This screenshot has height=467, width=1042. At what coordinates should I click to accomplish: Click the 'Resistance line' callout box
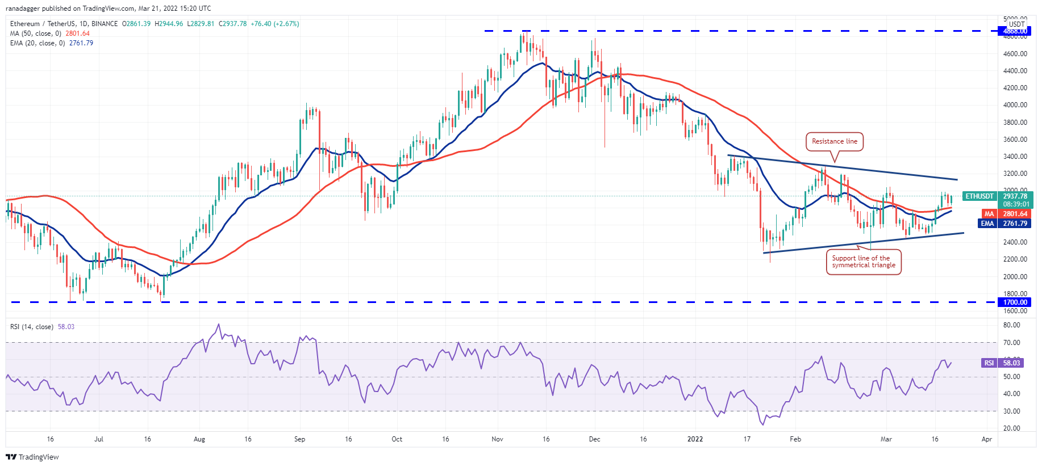(x=834, y=141)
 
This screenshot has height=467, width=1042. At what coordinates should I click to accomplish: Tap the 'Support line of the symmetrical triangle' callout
(x=864, y=262)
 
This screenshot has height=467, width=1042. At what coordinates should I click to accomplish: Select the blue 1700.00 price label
(x=1015, y=302)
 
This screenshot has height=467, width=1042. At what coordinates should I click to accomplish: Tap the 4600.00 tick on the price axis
(x=1015, y=54)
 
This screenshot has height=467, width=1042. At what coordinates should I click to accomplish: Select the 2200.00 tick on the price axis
(x=1015, y=259)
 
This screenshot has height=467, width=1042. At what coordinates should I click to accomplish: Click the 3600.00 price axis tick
(x=1015, y=140)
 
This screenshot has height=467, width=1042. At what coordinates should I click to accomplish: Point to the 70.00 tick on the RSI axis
(x=1011, y=343)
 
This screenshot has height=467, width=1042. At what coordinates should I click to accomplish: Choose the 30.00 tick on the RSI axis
(x=1011, y=411)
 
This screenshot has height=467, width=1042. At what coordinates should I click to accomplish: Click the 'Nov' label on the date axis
(x=497, y=439)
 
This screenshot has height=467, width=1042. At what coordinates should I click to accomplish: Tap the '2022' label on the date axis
(x=695, y=439)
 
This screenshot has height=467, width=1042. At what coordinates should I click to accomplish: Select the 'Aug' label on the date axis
(x=199, y=439)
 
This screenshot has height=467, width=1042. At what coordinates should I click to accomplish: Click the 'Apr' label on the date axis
(x=987, y=439)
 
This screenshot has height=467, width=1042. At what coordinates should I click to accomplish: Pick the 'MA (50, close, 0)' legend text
(x=35, y=33)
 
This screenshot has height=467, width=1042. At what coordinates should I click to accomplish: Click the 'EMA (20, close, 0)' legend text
(x=37, y=43)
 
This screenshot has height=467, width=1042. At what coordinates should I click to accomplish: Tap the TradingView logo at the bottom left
(x=32, y=457)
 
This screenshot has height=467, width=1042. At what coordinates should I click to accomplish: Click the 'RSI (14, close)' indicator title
(x=32, y=327)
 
